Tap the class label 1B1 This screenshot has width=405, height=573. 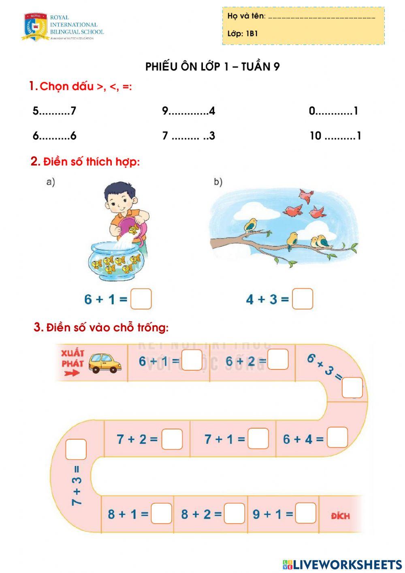(x=252, y=34)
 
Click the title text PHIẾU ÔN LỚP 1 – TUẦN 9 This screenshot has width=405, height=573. (x=213, y=67)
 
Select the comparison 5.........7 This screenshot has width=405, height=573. (x=54, y=111)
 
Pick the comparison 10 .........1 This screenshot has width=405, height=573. (x=335, y=136)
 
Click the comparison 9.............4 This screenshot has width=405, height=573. (x=188, y=111)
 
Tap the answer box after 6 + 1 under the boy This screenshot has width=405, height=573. (x=141, y=299)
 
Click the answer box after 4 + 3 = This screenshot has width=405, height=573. (x=303, y=299)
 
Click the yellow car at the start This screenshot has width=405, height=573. (x=105, y=363)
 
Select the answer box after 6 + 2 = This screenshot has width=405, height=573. (x=278, y=360)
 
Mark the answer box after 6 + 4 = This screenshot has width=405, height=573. (x=337, y=438)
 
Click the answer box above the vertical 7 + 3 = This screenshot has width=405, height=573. (x=76, y=449)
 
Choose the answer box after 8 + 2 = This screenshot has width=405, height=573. (x=234, y=513)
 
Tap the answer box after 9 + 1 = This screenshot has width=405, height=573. (x=305, y=513)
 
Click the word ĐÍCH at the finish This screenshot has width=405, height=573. (x=340, y=516)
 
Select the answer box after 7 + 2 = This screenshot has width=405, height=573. (x=172, y=439)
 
